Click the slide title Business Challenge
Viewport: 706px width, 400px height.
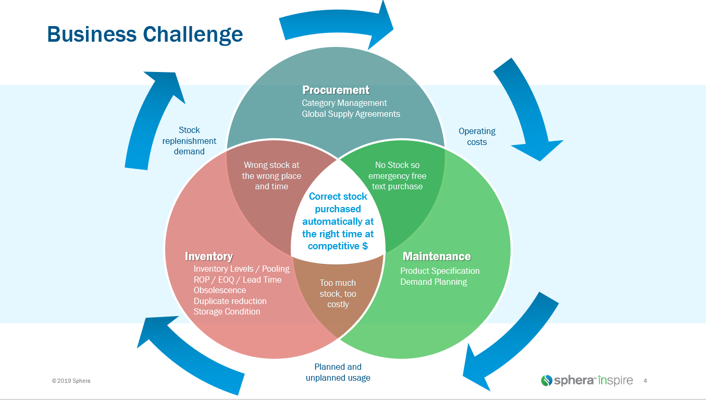click(x=145, y=34)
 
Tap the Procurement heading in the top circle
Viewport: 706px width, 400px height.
click(x=336, y=90)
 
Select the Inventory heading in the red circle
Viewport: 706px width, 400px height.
click(x=208, y=256)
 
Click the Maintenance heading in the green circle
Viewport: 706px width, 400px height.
click(x=437, y=256)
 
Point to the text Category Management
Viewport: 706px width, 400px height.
click(x=344, y=103)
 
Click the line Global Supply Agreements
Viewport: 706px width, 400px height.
click(x=351, y=114)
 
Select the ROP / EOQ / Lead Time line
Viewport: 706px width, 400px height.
click(x=237, y=280)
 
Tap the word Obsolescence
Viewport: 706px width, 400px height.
click(x=219, y=290)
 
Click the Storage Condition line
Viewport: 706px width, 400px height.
click(x=227, y=311)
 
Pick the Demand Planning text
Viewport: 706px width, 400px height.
click(x=433, y=282)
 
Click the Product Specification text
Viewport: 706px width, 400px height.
click(x=440, y=271)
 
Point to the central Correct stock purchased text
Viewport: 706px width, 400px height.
click(x=338, y=221)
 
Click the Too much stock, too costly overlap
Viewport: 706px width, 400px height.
click(x=338, y=294)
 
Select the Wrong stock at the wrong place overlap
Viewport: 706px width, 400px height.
click(x=271, y=176)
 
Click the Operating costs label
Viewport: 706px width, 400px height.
click(x=477, y=137)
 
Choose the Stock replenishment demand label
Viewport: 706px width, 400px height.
click(x=189, y=141)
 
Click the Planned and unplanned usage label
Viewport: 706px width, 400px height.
click(x=338, y=372)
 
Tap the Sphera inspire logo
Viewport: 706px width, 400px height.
click(x=587, y=380)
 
